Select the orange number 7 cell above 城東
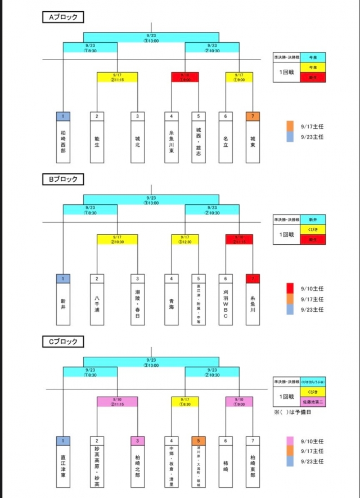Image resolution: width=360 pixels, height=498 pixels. point(253,116)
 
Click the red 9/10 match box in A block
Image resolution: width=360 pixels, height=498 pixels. point(185,77)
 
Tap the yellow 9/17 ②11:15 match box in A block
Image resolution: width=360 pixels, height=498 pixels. point(117,77)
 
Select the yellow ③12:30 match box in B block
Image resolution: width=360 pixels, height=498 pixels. point(185,239)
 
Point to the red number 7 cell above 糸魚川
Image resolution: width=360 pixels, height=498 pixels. point(253,279)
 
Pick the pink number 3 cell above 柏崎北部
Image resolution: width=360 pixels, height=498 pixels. point(137,441)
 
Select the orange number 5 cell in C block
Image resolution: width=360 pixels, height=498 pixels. point(198,441)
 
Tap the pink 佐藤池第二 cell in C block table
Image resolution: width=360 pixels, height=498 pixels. point(313,402)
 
